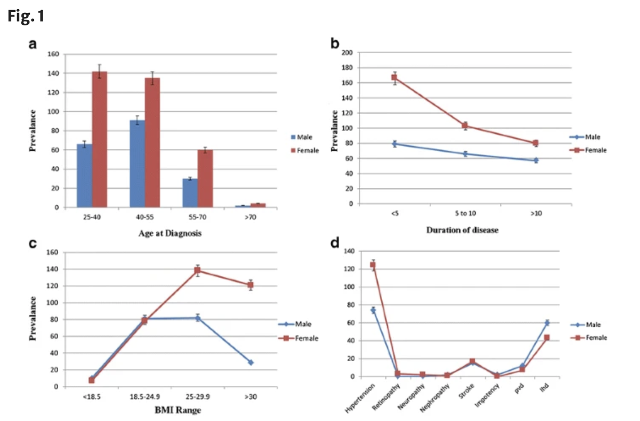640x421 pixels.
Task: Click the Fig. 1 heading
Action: point(26,17)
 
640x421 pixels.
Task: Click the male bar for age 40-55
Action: point(137,164)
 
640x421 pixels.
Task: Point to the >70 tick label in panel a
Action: point(249,217)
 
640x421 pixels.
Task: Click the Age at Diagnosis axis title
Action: point(170,233)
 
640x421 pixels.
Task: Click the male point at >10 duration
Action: point(536,160)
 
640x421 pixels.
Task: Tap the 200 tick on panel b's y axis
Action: point(348,53)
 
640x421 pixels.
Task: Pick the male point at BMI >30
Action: point(251,362)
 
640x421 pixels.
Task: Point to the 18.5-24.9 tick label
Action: point(144,397)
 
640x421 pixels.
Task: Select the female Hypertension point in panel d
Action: point(372,265)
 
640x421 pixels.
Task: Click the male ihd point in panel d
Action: point(547,323)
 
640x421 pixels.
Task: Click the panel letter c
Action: point(33,244)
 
